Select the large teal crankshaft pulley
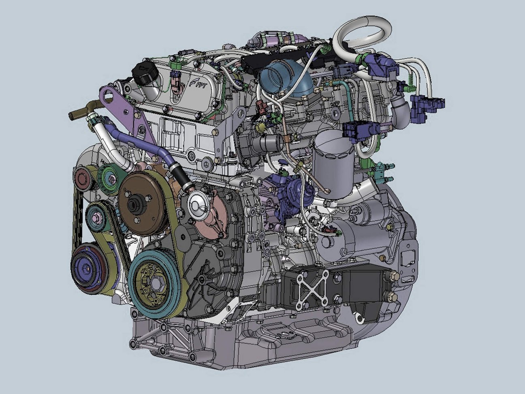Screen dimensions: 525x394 pos(155,284)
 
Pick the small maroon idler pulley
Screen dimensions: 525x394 pos(82,179)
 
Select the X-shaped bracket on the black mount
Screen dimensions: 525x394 pos(313,290)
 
